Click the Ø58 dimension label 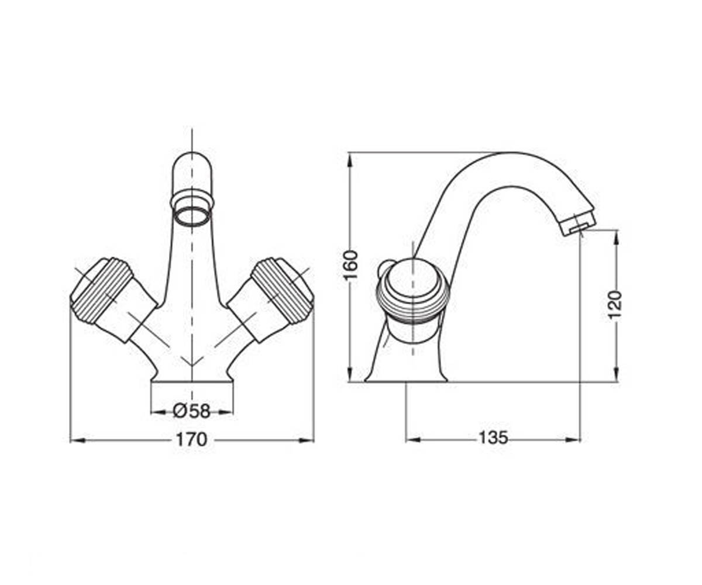click(x=192, y=411)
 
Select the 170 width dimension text click(x=192, y=440)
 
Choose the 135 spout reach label click(x=493, y=438)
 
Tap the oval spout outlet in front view click(x=192, y=216)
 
